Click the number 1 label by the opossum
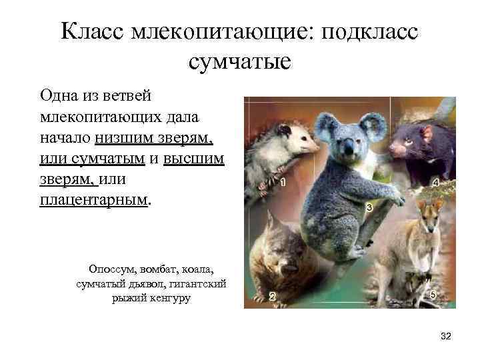pyautogui.click(x=283, y=182)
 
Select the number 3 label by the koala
pyautogui.click(x=369, y=208)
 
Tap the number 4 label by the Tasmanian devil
pyautogui.click(x=435, y=183)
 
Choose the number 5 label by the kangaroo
pyautogui.click(x=433, y=295)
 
